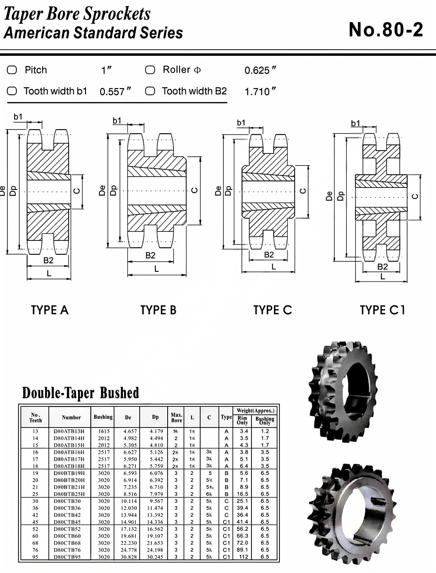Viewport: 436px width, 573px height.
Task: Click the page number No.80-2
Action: pos(386,30)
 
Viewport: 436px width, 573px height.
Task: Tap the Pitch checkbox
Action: pos(12,70)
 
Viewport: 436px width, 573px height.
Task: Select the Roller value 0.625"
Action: pos(260,70)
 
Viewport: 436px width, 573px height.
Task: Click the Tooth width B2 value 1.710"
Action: pos(260,92)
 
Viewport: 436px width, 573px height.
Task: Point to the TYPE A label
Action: pos(50,310)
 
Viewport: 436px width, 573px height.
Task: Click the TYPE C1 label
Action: pos(382,310)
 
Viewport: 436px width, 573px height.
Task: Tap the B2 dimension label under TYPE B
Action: pos(150,256)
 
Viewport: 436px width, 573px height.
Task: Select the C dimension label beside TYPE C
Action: pos(303,191)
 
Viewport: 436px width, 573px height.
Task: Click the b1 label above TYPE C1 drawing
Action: pos(355,124)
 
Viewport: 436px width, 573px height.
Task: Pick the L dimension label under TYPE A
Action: pos(49,273)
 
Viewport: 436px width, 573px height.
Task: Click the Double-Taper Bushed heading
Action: pos(81,393)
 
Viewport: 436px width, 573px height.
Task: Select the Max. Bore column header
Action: pos(176,417)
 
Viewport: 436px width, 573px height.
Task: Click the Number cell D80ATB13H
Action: pos(69,431)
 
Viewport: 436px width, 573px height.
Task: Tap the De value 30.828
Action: pos(130,557)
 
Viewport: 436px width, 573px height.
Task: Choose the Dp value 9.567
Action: pos(156,501)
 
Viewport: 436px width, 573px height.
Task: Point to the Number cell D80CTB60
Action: pos(67,536)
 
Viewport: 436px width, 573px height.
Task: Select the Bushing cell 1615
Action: pos(104,431)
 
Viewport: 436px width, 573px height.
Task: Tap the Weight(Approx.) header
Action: pos(255,411)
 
